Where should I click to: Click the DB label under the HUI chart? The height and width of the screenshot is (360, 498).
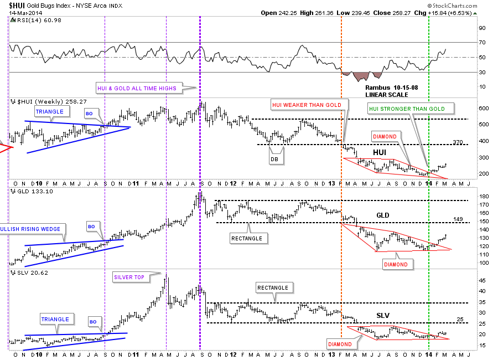coord(274,160)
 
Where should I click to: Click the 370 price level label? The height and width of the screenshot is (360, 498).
coord(457,142)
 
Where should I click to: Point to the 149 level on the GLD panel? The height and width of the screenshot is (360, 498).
coord(457,219)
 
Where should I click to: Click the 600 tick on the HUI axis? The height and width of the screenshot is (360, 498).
coord(483,109)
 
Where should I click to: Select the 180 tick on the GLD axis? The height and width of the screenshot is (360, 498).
coord(483,196)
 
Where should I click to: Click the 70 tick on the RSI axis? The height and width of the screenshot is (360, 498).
coord(481,43)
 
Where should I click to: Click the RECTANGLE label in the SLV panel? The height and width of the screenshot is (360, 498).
coord(272,287)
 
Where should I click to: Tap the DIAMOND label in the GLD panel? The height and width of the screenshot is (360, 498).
coord(396,264)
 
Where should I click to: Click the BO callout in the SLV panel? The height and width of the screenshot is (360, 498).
coord(94,321)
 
